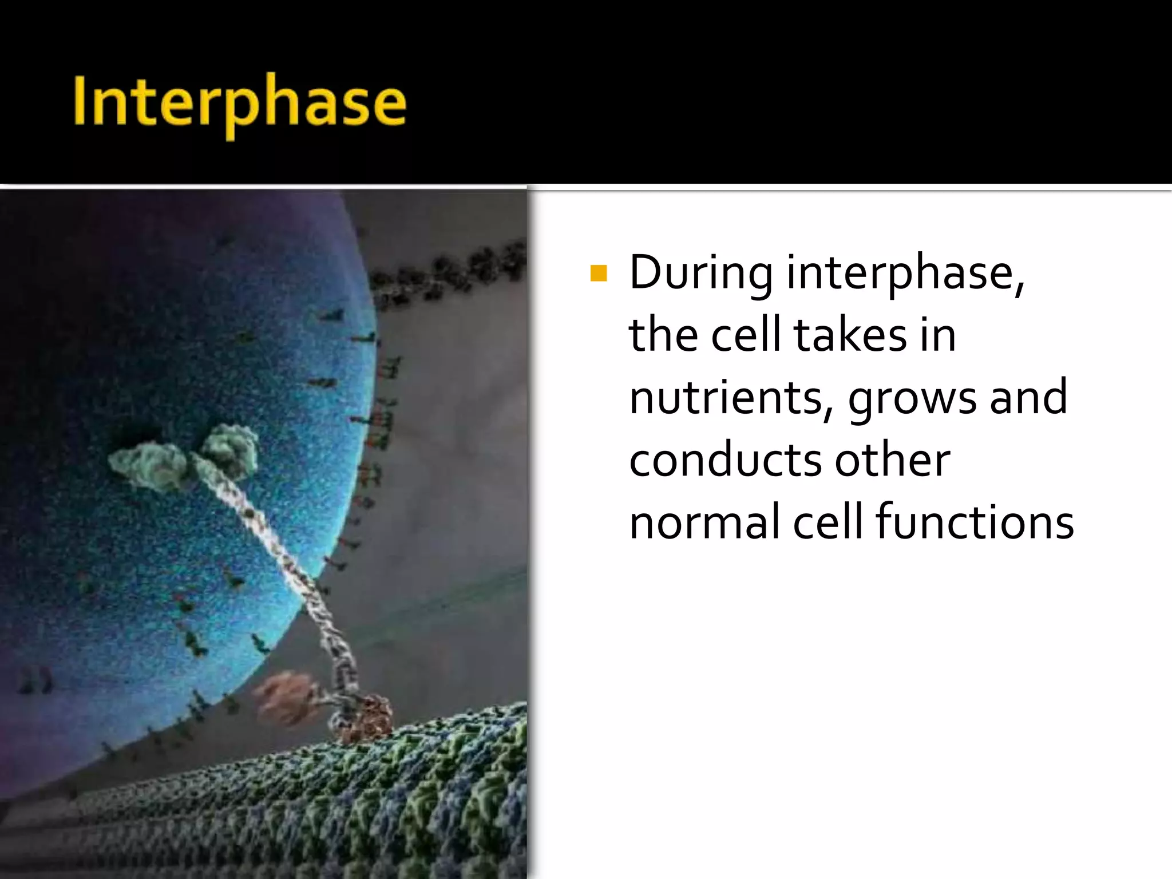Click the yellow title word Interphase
point(239,103)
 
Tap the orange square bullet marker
point(598,273)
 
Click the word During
point(700,273)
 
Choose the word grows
point(912,398)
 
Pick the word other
point(892,461)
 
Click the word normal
point(704,522)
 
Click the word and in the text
point(1028,398)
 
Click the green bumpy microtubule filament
point(401,801)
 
